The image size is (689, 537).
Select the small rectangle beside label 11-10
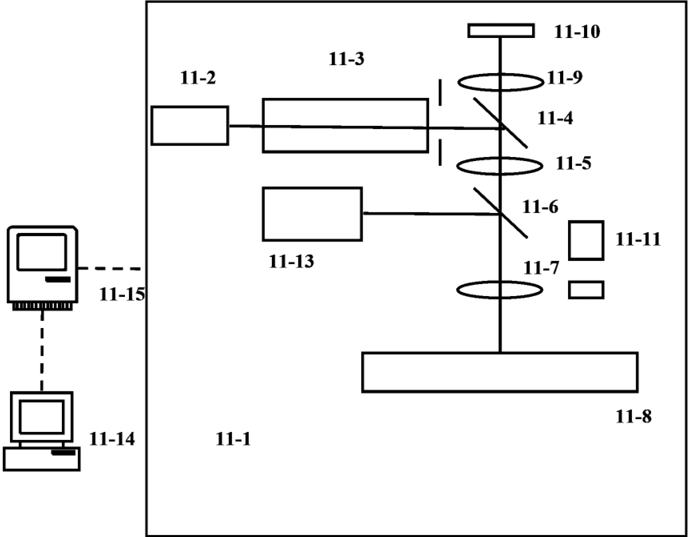coord(501,31)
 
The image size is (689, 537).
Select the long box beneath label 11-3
coord(344,125)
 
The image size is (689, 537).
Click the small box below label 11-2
coord(190,125)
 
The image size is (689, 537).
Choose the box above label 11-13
coord(313,214)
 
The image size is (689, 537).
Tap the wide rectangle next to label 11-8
coord(499,372)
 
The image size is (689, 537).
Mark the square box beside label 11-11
coord(586,240)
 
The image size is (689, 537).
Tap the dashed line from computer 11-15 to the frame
coord(112,269)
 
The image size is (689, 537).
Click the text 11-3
coord(346,59)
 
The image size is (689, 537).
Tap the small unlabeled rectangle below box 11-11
coord(586,289)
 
